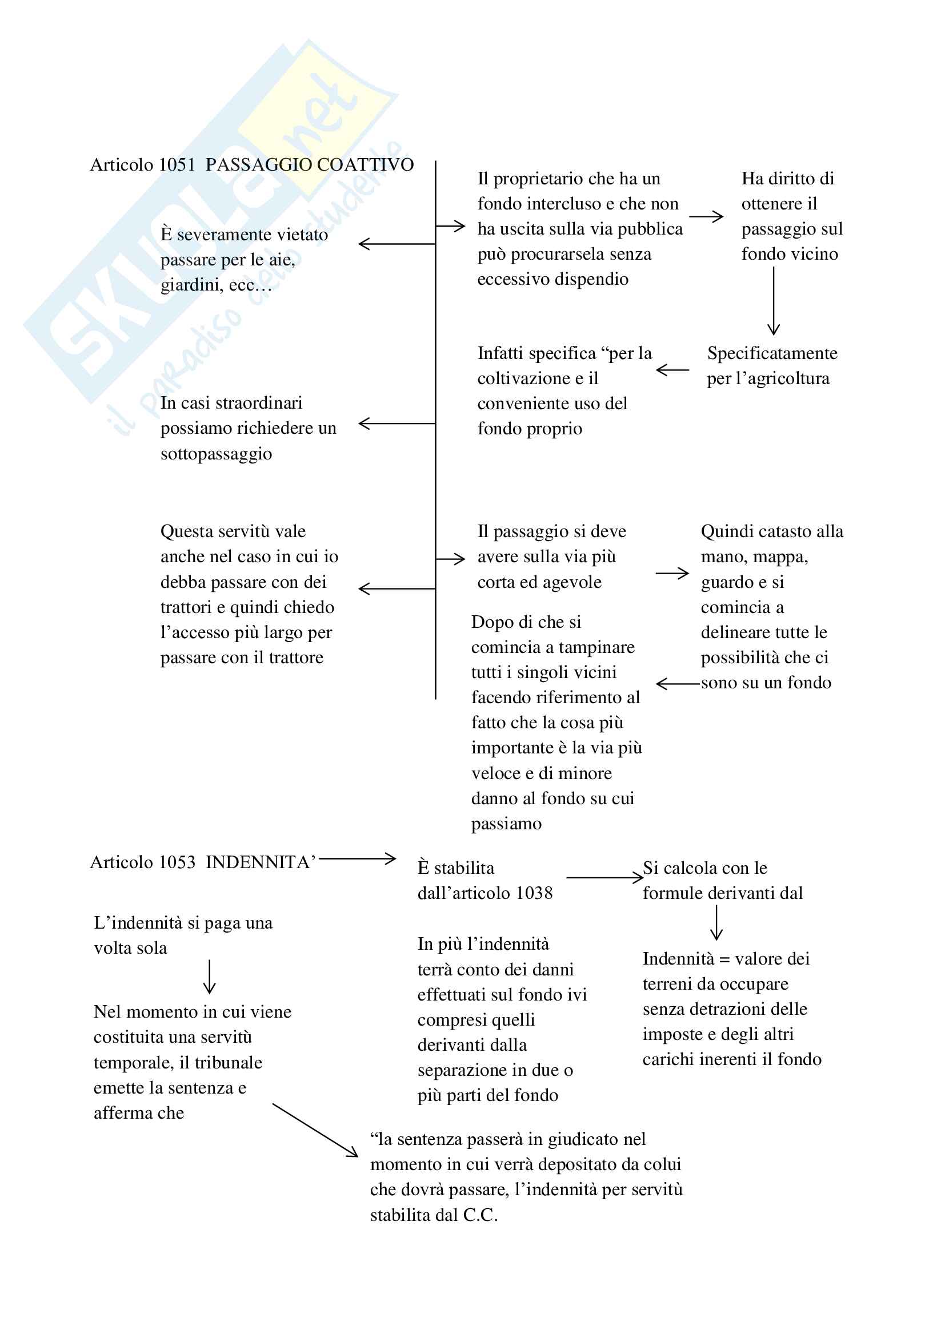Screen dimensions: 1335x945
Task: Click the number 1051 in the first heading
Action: [x=177, y=165]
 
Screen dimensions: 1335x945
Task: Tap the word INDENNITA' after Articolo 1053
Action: [x=261, y=862]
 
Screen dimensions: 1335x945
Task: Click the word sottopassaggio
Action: [x=217, y=454]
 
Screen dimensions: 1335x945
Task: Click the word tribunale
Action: [x=228, y=1063]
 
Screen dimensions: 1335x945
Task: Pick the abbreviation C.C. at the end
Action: [x=480, y=1215]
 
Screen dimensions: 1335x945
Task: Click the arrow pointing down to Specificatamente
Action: [x=774, y=301]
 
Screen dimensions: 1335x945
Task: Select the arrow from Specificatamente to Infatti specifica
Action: [x=672, y=370]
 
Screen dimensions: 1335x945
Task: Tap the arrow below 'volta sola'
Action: [x=210, y=976]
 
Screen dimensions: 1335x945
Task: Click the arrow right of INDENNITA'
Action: [x=357, y=859]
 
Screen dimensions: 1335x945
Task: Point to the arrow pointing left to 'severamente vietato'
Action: [x=397, y=244]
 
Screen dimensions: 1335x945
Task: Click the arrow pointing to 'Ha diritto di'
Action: [x=706, y=217]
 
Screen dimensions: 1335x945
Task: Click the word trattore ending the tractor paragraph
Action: [x=295, y=658]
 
